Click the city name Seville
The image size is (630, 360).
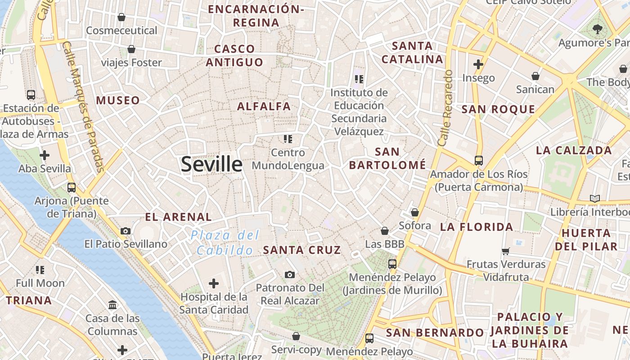211,165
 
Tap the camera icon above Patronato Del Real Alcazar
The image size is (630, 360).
290,274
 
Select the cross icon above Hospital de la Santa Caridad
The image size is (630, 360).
214,283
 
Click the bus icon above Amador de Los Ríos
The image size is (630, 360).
478,161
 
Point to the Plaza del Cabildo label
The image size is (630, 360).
225,243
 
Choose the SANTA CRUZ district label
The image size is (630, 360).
302,250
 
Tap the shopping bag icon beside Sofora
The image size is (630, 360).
414,212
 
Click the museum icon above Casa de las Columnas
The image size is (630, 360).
112,305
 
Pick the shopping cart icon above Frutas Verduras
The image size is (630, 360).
506,251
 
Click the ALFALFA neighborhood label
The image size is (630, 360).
264,107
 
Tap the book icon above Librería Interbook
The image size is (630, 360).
594,198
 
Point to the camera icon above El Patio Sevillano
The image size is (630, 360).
126,231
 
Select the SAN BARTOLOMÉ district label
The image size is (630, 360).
387,158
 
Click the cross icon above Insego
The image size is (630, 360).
478,64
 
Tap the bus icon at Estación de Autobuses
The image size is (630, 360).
31,95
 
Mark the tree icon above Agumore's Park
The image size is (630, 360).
598,30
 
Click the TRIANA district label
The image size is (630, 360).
29,301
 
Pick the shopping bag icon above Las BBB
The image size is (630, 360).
385,231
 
